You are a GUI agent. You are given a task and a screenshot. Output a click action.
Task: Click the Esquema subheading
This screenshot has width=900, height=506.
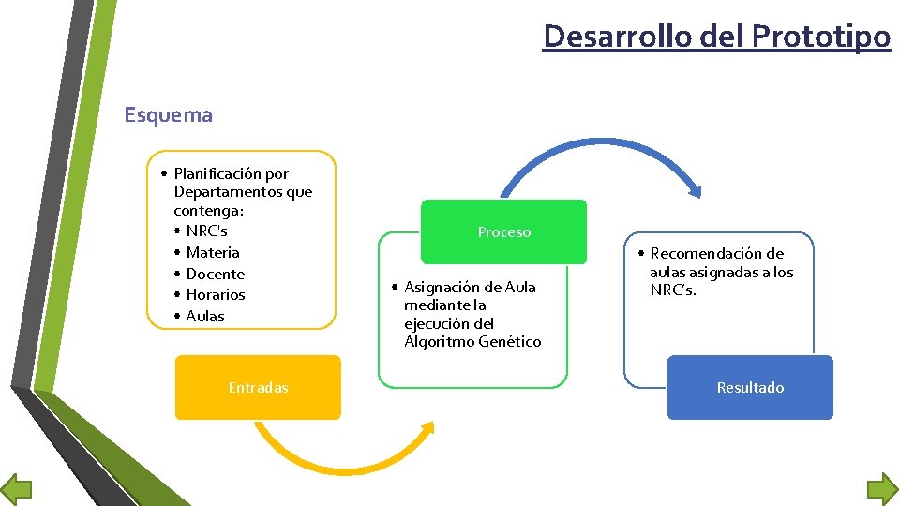pyautogui.click(x=169, y=115)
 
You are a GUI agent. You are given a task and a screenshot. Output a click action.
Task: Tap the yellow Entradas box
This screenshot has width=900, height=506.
pyautogui.click(x=258, y=387)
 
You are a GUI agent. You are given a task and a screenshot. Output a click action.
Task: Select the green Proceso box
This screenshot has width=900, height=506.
pyautogui.click(x=503, y=232)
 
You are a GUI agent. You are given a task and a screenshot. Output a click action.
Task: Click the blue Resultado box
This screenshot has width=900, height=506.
pyautogui.click(x=750, y=387)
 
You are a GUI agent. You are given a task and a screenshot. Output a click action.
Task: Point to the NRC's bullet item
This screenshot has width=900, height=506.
pyautogui.click(x=206, y=231)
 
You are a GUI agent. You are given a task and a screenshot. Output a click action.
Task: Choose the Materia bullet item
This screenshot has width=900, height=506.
pyautogui.click(x=213, y=252)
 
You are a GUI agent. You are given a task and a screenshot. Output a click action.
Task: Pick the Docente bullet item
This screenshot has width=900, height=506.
pyautogui.click(x=215, y=274)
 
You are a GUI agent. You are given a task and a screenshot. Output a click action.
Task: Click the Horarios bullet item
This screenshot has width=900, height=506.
pyautogui.click(x=216, y=294)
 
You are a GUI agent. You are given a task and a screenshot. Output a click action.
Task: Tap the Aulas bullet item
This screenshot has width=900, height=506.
pyautogui.click(x=205, y=316)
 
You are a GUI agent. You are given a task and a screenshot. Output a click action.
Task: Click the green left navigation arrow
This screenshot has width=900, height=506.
pyautogui.click(x=16, y=489)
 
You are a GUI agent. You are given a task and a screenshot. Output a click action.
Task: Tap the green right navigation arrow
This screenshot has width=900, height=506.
pyautogui.click(x=882, y=489)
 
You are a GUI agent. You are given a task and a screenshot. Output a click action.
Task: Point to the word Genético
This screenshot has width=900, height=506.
pyautogui.click(x=511, y=341)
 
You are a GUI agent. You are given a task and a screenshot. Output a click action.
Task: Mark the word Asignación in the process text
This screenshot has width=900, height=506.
pyautogui.click(x=443, y=287)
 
